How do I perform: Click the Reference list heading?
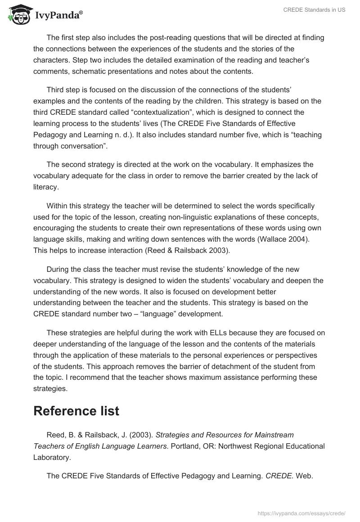tap(76, 410)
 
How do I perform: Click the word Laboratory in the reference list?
tap(52, 457)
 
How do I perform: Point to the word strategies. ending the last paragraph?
tap(50, 388)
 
